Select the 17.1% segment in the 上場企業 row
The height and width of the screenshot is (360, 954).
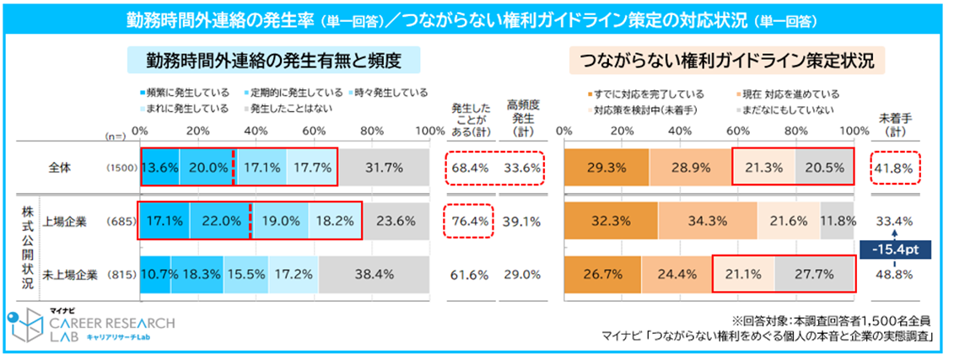[x=164, y=222]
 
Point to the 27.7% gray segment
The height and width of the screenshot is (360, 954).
[x=813, y=274]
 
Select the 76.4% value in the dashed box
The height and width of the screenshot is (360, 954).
[x=471, y=222]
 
